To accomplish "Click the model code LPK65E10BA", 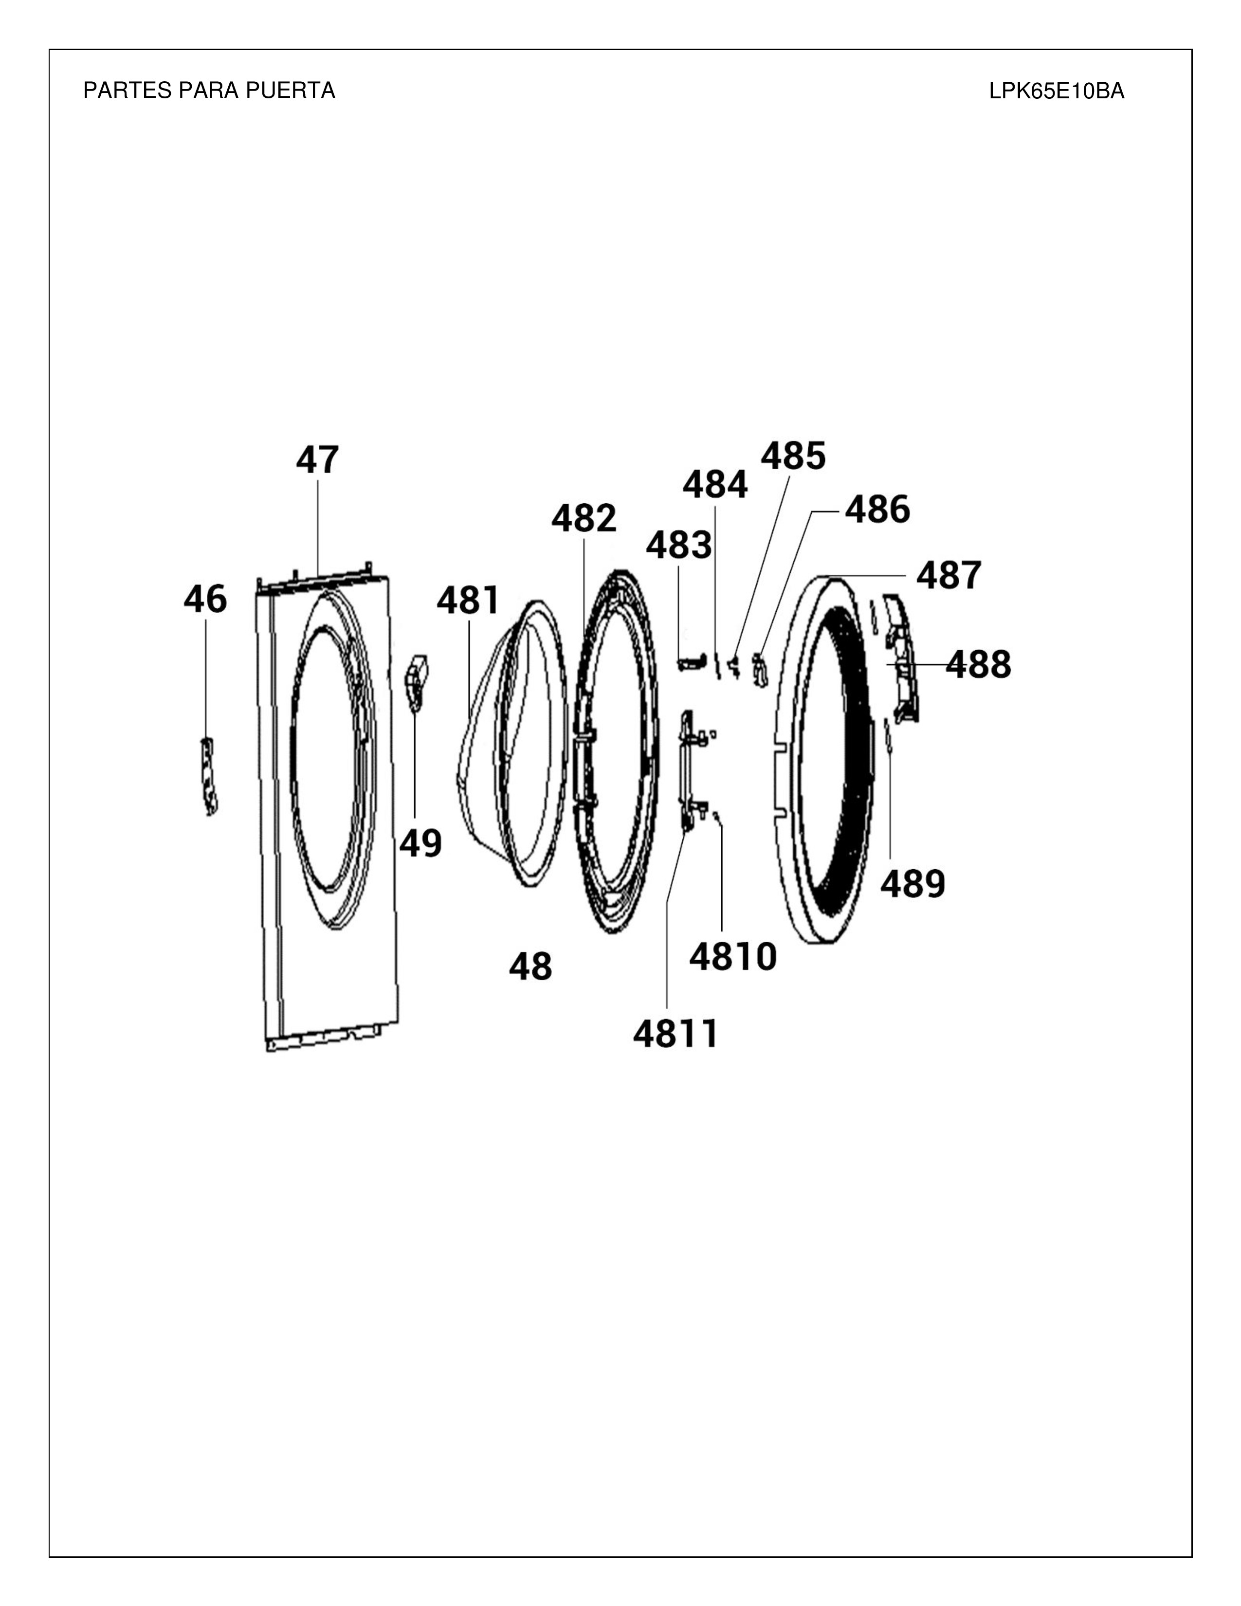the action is (1057, 91).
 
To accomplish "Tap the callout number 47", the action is (318, 460).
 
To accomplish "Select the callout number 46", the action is (205, 599).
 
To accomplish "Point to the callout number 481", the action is (468, 601).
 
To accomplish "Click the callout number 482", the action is (584, 518).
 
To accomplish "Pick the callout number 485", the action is (793, 456).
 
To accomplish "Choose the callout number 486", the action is (877, 510).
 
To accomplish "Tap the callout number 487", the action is (949, 576).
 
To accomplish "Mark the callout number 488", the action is (978, 665).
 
